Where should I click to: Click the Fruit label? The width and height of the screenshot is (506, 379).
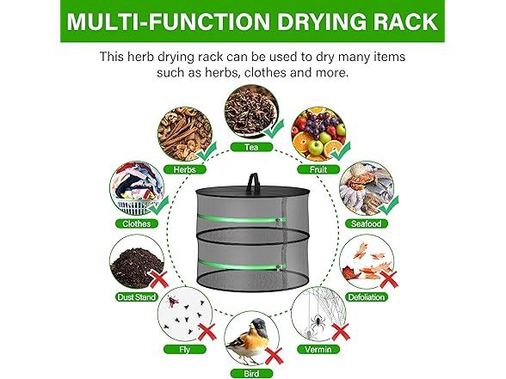[318, 169]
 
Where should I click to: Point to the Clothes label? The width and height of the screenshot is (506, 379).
[136, 223]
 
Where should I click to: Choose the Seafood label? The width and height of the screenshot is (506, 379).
[368, 223]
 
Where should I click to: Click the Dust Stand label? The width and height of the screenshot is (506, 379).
[136, 296]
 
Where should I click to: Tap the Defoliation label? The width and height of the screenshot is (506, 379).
[368, 296]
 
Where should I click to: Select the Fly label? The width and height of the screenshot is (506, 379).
[185, 350]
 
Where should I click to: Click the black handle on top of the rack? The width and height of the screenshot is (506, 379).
[253, 157]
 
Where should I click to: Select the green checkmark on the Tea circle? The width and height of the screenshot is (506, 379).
[274, 131]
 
